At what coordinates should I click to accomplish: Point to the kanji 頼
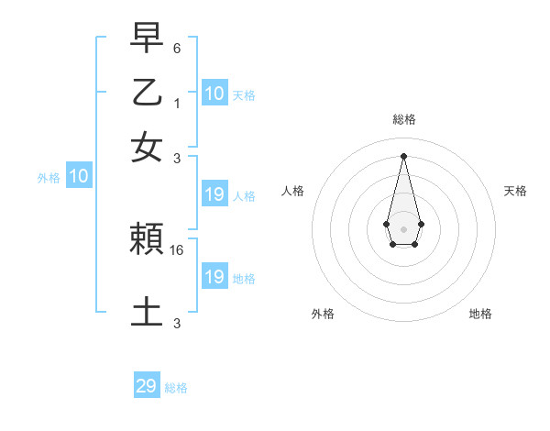tap(147, 240)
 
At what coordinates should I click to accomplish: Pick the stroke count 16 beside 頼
tap(178, 249)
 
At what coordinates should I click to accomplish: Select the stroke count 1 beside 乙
tap(177, 103)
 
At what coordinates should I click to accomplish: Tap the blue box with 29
tap(147, 386)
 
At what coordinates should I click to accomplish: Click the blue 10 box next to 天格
tap(214, 93)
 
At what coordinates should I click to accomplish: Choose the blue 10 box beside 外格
tap(79, 176)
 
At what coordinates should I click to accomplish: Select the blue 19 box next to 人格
tap(214, 194)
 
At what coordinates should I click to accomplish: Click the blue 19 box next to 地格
tap(214, 276)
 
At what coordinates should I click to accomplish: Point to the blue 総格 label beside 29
tap(176, 388)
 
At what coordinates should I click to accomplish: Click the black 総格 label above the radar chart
tap(403, 119)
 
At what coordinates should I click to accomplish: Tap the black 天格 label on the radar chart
tap(515, 191)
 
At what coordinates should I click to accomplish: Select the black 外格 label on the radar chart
tap(323, 315)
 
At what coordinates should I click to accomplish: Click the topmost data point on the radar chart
tap(403, 155)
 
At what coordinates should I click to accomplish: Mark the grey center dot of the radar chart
tap(403, 227)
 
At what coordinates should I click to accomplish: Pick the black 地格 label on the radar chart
tap(480, 315)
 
